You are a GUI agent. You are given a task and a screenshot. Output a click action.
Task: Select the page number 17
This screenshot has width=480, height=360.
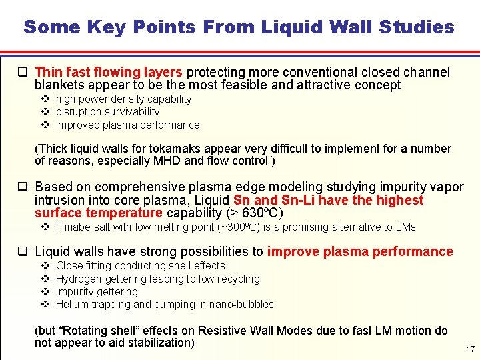(x=471, y=349)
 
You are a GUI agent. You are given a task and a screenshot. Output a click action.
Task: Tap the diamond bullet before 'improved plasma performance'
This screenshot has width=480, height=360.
(x=45, y=125)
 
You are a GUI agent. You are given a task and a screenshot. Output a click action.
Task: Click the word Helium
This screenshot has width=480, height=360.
(x=72, y=304)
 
